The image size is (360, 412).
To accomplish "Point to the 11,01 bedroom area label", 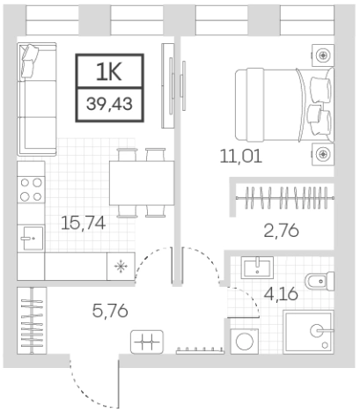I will [x=240, y=158].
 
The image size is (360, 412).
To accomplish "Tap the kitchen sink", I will [x=32, y=235].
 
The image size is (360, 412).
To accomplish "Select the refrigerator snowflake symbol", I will [x=120, y=261].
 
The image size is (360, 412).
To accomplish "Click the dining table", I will [x=142, y=182].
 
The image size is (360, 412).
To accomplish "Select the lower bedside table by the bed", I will [x=324, y=154].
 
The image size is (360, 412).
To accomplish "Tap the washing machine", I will [x=244, y=340].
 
